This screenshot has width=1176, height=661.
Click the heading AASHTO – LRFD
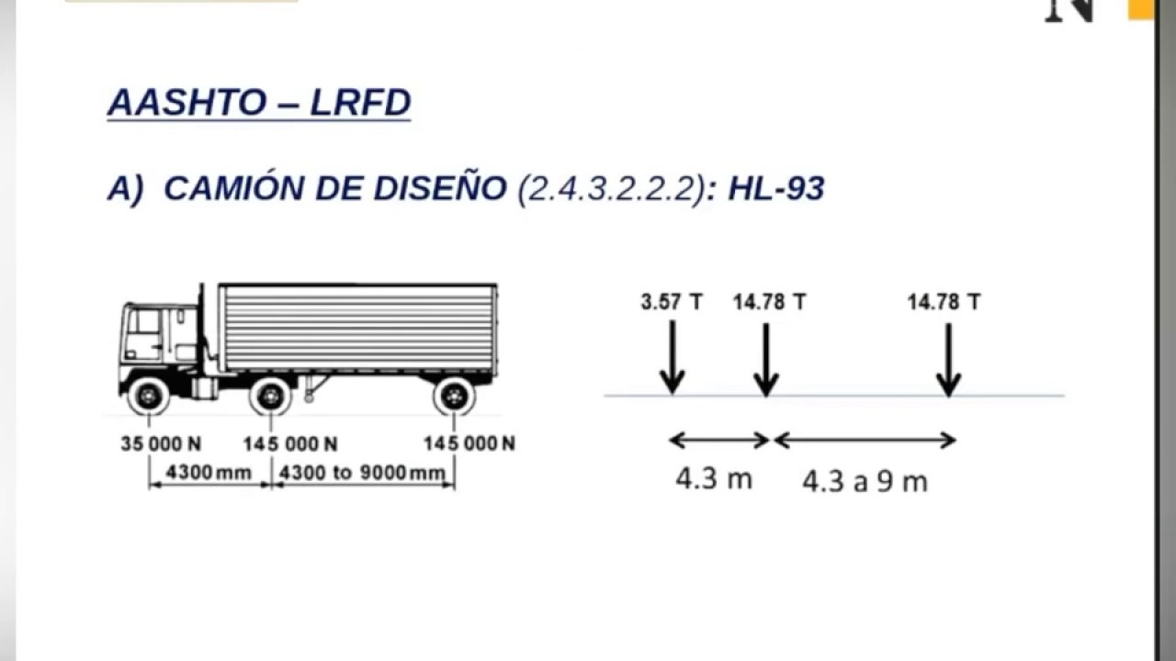pyautogui.click(x=258, y=103)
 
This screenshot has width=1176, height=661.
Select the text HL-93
pyautogui.click(x=775, y=188)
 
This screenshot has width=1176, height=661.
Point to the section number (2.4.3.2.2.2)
pyautogui.click(x=611, y=188)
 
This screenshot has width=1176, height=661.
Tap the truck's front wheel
pyautogui.click(x=149, y=396)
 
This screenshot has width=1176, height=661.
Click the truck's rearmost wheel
pyautogui.click(x=454, y=396)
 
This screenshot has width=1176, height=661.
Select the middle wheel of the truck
pyautogui.click(x=270, y=396)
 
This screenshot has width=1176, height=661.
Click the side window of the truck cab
pyautogui.click(x=144, y=323)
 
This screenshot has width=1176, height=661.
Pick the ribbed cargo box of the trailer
pyautogui.click(x=358, y=328)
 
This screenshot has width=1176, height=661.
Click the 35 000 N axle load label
pyautogui.click(x=161, y=444)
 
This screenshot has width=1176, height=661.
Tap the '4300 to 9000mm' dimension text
pyautogui.click(x=361, y=473)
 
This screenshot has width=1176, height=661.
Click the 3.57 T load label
pyautogui.click(x=672, y=302)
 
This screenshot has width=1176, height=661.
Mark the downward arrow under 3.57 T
pyautogui.click(x=672, y=358)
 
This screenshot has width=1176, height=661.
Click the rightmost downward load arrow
pyautogui.click(x=948, y=358)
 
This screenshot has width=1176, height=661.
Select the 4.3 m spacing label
pyautogui.click(x=714, y=478)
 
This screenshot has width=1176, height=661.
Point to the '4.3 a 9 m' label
pyautogui.click(x=865, y=481)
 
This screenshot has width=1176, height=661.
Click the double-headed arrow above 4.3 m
pyautogui.click(x=718, y=441)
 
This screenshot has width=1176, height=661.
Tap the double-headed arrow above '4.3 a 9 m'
pyautogui.click(x=865, y=441)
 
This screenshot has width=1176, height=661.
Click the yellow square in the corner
pyautogui.click(x=1141, y=8)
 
